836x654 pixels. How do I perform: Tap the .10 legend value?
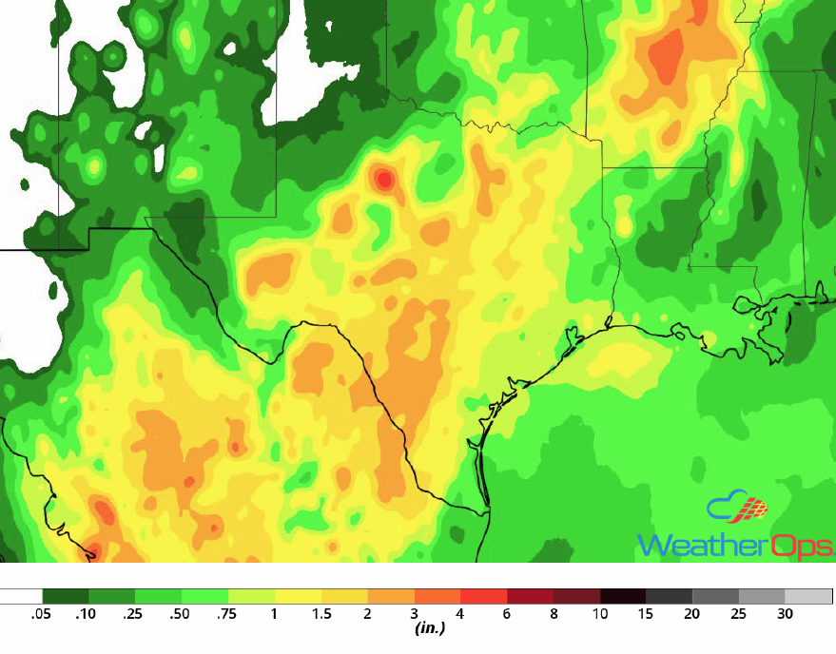[x=87, y=615]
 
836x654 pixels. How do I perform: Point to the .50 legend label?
[x=181, y=615]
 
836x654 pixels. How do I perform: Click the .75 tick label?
[x=227, y=615]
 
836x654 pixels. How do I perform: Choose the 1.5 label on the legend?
[x=321, y=615]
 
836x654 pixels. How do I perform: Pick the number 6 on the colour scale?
[x=506, y=615]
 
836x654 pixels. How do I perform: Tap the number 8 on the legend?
[x=553, y=615]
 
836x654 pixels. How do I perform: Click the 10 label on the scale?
[x=599, y=615]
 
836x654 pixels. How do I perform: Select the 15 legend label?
[x=646, y=615]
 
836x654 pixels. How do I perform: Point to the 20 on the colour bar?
[x=692, y=615]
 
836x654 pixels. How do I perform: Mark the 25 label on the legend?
[x=738, y=615]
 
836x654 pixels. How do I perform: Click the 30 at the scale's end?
[x=785, y=615]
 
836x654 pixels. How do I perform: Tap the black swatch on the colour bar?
[x=622, y=597]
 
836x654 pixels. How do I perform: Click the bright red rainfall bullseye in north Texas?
[x=384, y=178]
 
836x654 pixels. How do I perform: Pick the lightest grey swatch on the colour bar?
[x=808, y=597]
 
